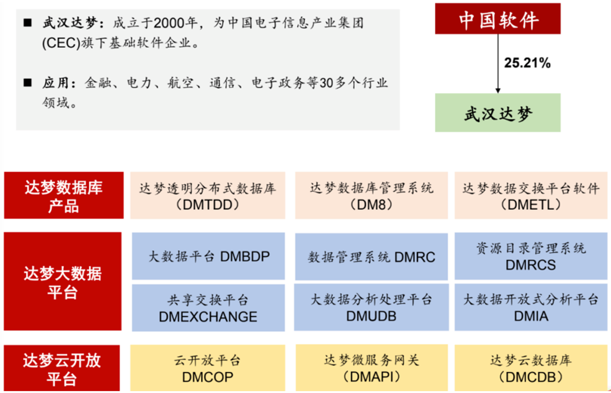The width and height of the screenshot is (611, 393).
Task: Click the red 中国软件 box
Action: coord(497,19)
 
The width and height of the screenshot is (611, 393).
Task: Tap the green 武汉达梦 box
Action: coord(497,112)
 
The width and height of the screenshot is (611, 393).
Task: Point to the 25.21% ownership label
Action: coord(527,63)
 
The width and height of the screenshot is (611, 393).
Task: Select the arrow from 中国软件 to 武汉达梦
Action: coord(497,63)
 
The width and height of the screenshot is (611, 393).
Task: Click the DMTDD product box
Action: coord(208,196)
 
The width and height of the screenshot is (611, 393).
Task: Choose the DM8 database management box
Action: coord(372,196)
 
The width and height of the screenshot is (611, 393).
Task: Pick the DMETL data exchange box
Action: coord(531,196)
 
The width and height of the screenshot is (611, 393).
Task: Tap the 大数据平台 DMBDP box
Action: coord(208,256)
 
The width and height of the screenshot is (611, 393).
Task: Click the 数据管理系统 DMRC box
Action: coord(372,256)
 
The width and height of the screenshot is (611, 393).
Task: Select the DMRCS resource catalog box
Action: coord(531,256)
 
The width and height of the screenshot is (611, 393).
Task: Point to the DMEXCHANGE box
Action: coord(208,308)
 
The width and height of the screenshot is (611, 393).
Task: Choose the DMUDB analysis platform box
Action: coord(372,307)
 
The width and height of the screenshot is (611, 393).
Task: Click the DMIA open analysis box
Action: coord(531,307)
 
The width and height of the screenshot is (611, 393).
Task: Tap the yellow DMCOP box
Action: coord(208,368)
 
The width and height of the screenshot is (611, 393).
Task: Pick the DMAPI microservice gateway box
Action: coord(372,368)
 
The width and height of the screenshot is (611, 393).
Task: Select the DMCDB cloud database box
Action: coord(531,368)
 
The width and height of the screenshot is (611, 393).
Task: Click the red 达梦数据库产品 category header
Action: coord(64,196)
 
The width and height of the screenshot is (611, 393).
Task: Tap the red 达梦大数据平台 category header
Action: coord(63,281)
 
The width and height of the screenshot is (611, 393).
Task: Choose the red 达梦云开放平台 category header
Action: coord(62,368)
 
